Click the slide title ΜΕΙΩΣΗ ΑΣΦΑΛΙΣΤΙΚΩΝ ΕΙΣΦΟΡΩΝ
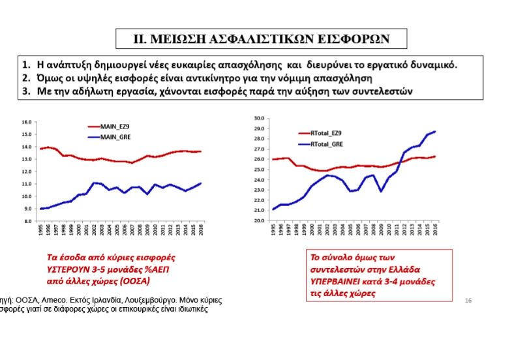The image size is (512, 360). pos(261,38)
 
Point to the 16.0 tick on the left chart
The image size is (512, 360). pos(27,122)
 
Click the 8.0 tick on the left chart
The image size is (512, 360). pos(28,221)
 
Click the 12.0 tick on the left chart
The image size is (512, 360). pos(27,172)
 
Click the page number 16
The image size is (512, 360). pos(468,300)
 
